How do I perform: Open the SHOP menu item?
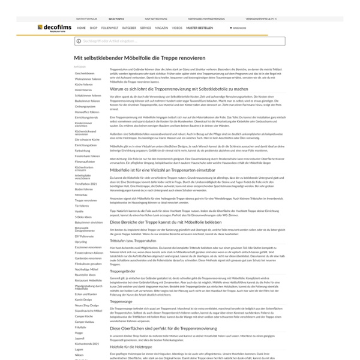tap(93, 28)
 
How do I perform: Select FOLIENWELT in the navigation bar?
tap(110, 28)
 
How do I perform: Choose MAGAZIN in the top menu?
tap(161, 28)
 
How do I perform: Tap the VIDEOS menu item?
tap(177, 28)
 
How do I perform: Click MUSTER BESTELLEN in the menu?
tap(199, 28)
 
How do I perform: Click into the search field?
tap(180, 41)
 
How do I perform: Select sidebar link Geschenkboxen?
tap(85, 73)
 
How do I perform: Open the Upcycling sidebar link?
tap(81, 241)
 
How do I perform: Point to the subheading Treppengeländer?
tap(124, 254)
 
